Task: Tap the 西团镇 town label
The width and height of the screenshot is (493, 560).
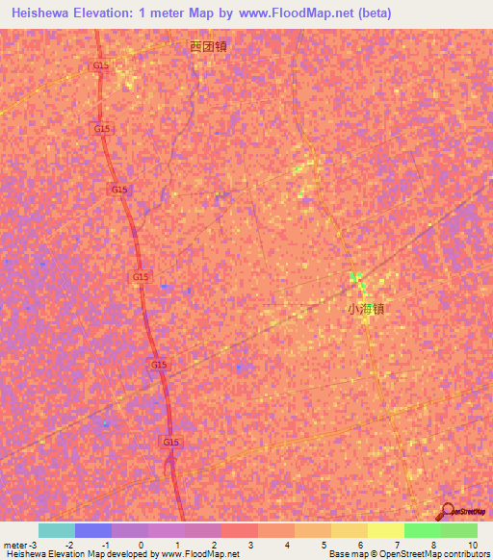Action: click(209, 45)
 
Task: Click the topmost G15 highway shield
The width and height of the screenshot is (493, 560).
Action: click(99, 65)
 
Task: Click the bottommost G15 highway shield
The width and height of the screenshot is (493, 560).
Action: click(171, 442)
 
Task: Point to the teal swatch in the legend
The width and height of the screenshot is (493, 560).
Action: click(57, 530)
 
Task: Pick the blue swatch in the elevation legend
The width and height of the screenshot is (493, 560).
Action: click(93, 530)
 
